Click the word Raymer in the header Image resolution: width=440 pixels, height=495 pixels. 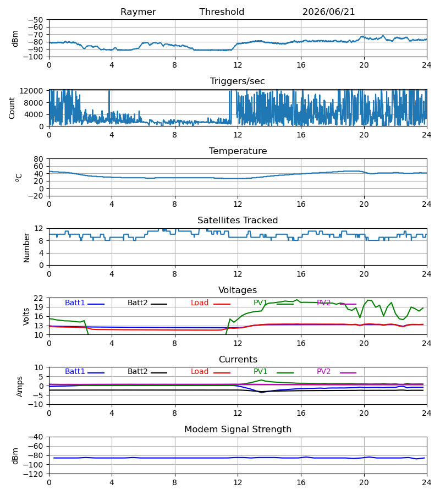(x=138, y=12)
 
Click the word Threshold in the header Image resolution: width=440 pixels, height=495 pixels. (x=222, y=12)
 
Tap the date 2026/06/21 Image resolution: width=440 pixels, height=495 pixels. (x=328, y=12)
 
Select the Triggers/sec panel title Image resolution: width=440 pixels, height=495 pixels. (x=238, y=81)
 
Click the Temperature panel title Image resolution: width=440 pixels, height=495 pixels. (x=238, y=151)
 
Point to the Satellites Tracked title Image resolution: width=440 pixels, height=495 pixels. (x=238, y=221)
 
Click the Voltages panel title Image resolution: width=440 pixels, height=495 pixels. (x=238, y=290)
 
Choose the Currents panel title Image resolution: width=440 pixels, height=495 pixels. (x=238, y=359)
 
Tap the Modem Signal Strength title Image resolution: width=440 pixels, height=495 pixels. (x=238, y=430)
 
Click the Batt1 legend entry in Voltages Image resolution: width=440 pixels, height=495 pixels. (x=85, y=303)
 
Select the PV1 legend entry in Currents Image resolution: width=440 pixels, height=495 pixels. (x=273, y=372)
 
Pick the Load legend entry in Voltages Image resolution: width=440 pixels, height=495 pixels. (x=211, y=303)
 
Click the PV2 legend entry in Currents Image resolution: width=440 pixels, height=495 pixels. (x=337, y=372)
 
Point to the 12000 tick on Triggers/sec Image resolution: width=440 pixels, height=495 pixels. (x=31, y=91)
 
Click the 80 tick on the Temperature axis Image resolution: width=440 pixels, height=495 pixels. (x=38, y=159)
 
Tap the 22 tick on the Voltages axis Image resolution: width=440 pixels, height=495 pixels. (x=38, y=298)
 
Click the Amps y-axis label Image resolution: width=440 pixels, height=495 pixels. (x=20, y=387)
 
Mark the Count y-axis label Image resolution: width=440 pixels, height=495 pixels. (x=12, y=108)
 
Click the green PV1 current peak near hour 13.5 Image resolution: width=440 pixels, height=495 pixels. (x=261, y=380)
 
